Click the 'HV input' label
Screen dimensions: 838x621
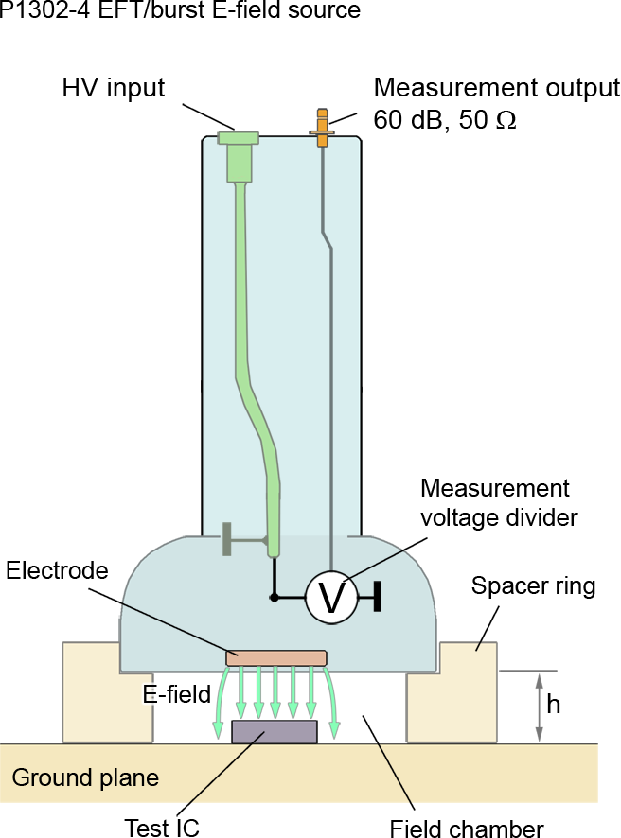(114, 89)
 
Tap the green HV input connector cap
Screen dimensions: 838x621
(239, 138)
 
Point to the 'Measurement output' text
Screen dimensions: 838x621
(496, 88)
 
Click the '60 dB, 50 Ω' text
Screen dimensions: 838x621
(445, 120)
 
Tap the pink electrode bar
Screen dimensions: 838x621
(275, 657)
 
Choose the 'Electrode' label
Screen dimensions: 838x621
(56, 570)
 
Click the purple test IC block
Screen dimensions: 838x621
(275, 731)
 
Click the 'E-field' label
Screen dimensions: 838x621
(176, 694)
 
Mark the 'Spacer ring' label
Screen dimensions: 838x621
(533, 586)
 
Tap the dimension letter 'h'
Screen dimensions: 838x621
(554, 706)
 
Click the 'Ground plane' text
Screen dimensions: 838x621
(85, 778)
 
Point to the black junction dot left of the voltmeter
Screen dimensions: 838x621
(275, 598)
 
